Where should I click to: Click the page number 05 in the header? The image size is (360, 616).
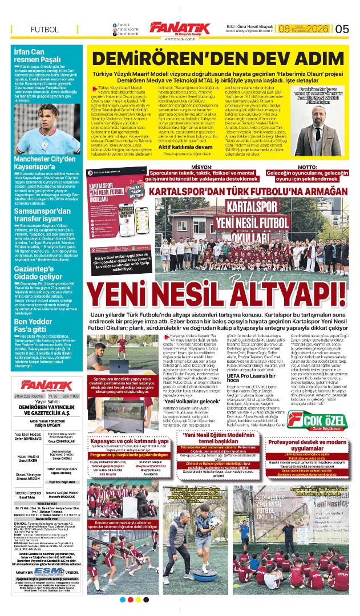[342, 29]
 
